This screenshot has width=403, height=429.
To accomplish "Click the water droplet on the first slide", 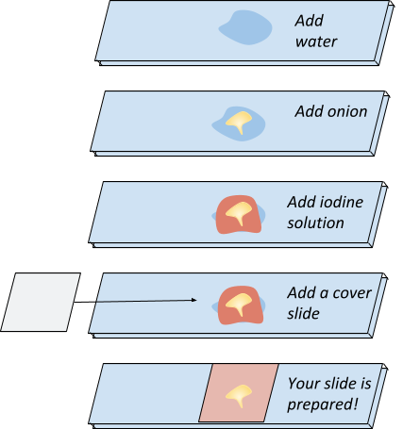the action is point(245,27).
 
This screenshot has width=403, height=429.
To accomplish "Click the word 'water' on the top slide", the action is point(316,41).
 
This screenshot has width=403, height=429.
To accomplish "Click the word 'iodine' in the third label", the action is point(342,202).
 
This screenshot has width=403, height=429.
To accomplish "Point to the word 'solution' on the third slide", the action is point(315,223).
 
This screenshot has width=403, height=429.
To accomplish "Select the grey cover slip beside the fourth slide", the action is point(41,302).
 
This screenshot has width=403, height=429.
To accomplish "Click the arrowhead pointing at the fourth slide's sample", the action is point(194,300).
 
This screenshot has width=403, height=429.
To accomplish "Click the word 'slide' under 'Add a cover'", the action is point(303,314).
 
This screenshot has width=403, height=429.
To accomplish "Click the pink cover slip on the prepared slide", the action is point(239,393).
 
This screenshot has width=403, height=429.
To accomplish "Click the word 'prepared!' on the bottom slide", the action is point(323,404).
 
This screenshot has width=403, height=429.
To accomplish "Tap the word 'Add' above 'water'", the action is point(310,21).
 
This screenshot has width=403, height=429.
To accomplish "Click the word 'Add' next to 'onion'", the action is point(310,111).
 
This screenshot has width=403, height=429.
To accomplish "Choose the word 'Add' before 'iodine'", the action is point(301,202).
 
